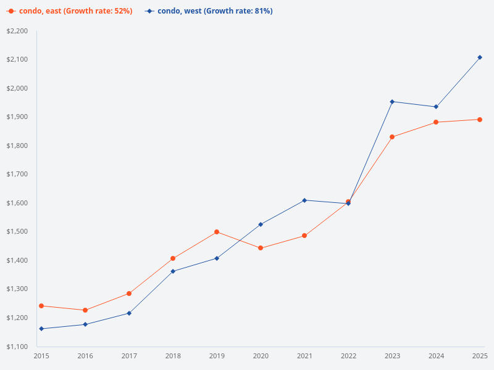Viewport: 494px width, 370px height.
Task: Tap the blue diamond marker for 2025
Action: tap(480, 57)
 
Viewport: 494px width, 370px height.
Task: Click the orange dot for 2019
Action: tap(217, 232)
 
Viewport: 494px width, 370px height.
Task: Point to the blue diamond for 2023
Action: tap(392, 102)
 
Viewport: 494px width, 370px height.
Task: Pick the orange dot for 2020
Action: tap(261, 248)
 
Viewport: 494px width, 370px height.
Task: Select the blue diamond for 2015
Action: tap(41, 329)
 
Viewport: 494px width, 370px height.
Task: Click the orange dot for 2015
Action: tap(41, 306)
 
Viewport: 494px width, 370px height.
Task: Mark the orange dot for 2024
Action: tap(436, 122)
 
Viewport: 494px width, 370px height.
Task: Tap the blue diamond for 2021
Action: tap(304, 200)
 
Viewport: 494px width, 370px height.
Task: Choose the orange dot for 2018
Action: tap(173, 258)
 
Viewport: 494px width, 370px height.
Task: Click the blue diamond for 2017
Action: tap(129, 313)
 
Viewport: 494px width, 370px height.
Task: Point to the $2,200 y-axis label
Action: tap(17, 31)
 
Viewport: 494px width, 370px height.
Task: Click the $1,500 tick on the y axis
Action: tap(17, 232)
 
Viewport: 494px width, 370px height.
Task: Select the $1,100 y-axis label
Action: tap(17, 347)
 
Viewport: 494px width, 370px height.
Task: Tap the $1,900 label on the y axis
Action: tap(17, 117)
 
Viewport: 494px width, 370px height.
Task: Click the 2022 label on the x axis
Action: tap(348, 356)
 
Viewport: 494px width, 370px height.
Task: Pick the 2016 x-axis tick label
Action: tap(85, 356)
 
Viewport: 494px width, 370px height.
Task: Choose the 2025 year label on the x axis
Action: tap(480, 356)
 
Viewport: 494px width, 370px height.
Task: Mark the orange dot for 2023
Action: tap(392, 137)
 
